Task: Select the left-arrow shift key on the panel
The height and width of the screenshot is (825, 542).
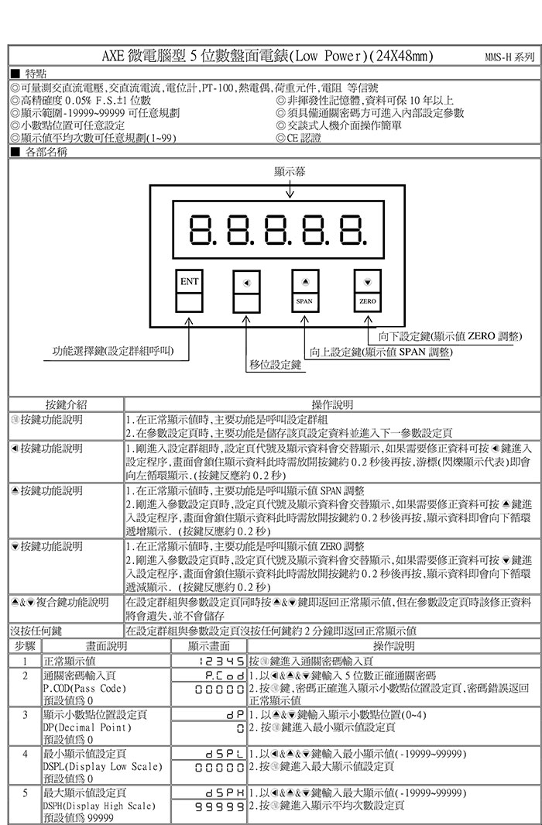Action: [246, 282]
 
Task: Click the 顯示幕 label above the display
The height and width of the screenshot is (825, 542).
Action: [288, 171]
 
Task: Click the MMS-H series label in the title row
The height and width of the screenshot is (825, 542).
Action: [509, 58]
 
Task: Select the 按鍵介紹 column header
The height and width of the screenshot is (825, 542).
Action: [66, 404]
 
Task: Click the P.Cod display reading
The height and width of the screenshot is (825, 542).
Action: [223, 675]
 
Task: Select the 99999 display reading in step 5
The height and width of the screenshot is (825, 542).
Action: [223, 806]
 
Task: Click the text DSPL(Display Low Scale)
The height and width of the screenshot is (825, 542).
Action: [102, 766]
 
